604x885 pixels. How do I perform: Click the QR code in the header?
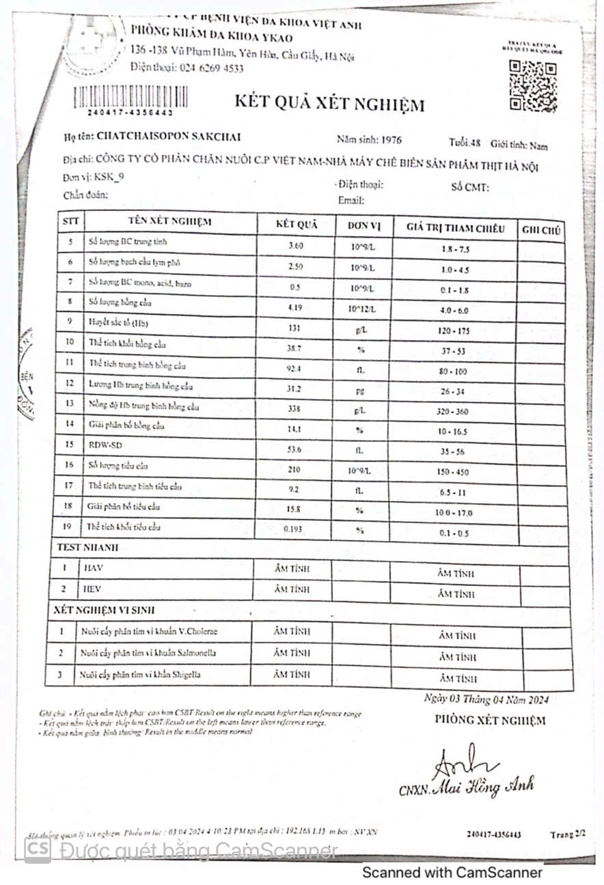pos(534,86)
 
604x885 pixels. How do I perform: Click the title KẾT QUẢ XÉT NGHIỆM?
pos(329,104)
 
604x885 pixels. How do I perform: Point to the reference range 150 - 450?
pos(454,472)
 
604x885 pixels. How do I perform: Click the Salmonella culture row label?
pos(148,654)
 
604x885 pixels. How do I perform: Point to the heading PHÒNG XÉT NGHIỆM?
pos(490,720)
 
